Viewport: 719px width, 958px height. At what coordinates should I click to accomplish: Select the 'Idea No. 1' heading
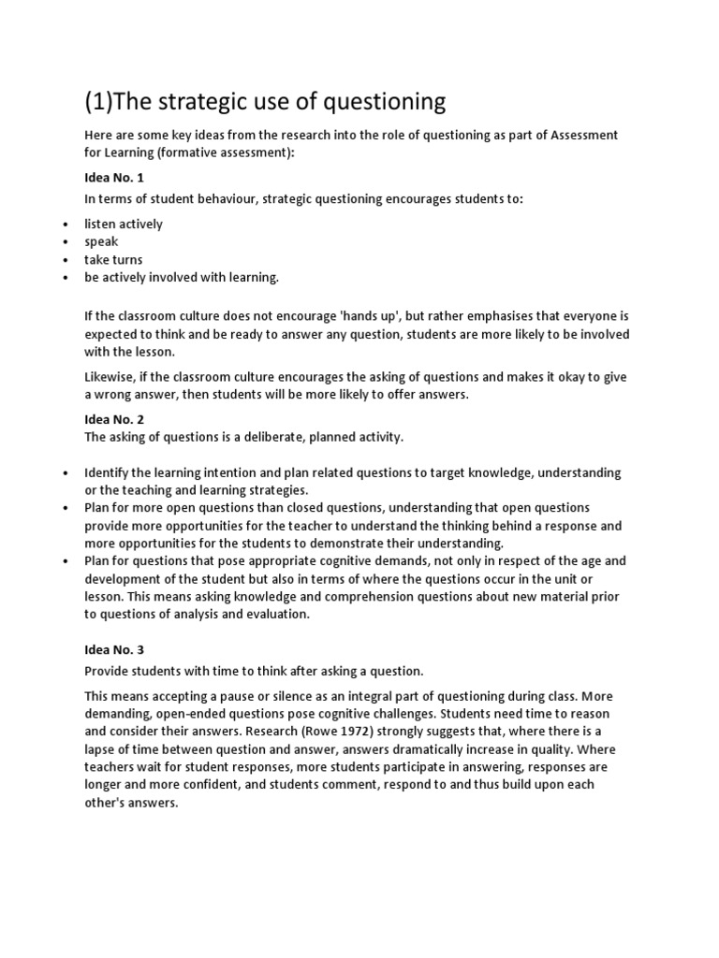pyautogui.click(x=114, y=178)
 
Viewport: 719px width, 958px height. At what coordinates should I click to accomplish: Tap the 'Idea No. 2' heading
pyautogui.click(x=114, y=419)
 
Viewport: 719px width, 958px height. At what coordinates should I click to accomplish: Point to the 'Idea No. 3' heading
pyautogui.click(x=114, y=649)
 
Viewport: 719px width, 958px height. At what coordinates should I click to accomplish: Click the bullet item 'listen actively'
pyautogui.click(x=124, y=224)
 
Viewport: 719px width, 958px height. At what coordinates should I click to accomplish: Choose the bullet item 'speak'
pyautogui.click(x=102, y=241)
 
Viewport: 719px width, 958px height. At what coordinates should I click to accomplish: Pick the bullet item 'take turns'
pyautogui.click(x=113, y=259)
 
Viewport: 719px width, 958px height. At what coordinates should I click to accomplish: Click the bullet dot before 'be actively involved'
pyautogui.click(x=66, y=278)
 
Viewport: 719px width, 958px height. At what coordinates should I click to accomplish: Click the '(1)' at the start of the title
pyautogui.click(x=101, y=101)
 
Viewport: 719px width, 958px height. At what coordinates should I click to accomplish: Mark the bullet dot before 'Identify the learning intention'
pyautogui.click(x=66, y=473)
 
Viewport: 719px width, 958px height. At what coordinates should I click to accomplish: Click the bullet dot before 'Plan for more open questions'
pyautogui.click(x=66, y=508)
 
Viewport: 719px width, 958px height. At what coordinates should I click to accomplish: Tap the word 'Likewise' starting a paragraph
pyautogui.click(x=110, y=377)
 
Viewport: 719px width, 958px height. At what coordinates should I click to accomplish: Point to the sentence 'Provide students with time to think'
pyautogui.click(x=254, y=671)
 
